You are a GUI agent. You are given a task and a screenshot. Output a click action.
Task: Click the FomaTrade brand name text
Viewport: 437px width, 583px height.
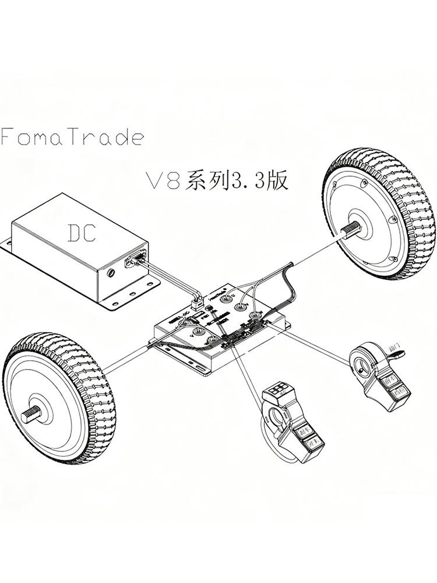pyautogui.click(x=72, y=137)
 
